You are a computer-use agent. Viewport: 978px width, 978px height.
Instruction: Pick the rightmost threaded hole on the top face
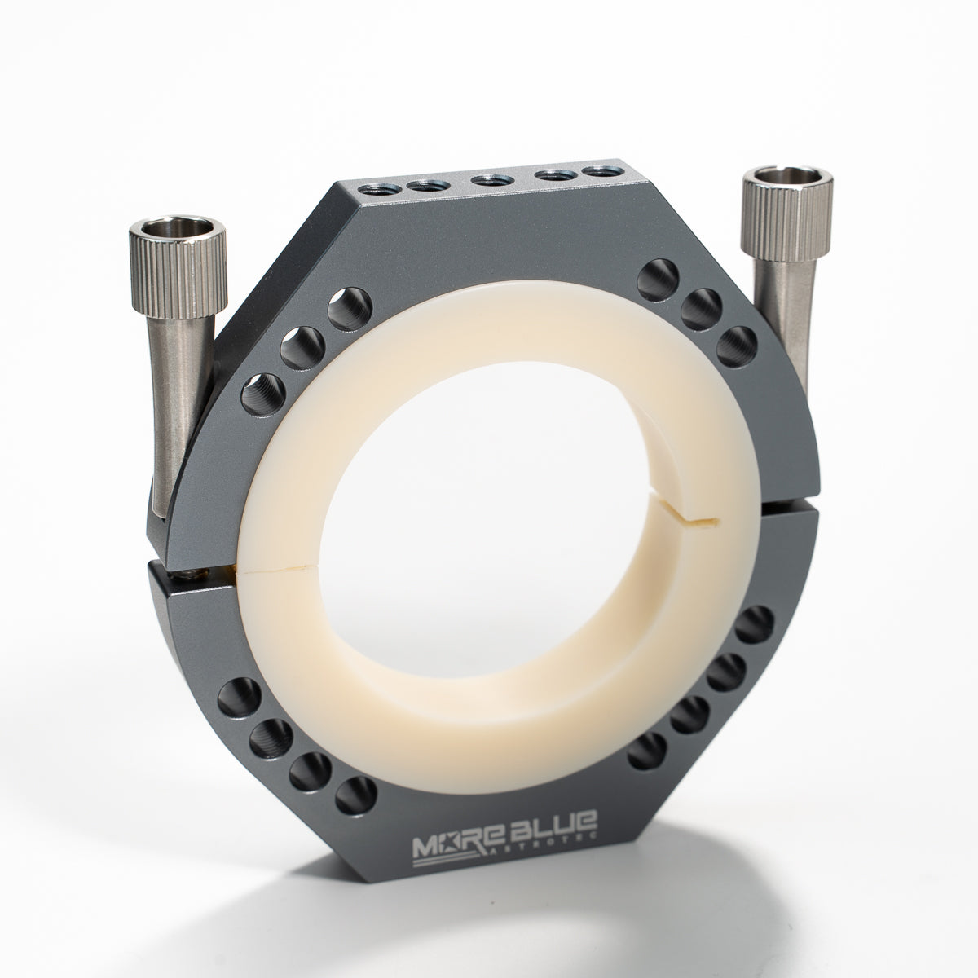(x=601, y=171)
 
